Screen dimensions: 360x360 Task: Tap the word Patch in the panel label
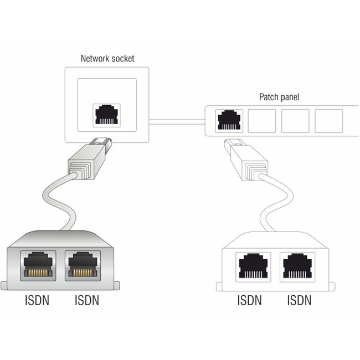[x=270, y=97]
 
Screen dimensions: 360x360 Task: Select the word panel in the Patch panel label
[x=289, y=97]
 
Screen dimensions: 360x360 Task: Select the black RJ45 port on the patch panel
[x=228, y=119]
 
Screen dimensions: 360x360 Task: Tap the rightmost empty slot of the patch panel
[x=329, y=119]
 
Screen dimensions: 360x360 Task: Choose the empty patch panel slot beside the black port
[x=262, y=119]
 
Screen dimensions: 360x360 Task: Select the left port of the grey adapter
[x=37, y=265]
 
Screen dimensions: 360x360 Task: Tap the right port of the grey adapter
[x=83, y=265]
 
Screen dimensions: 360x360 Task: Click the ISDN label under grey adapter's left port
[x=38, y=302]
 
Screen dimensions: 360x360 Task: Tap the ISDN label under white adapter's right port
[x=299, y=301]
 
